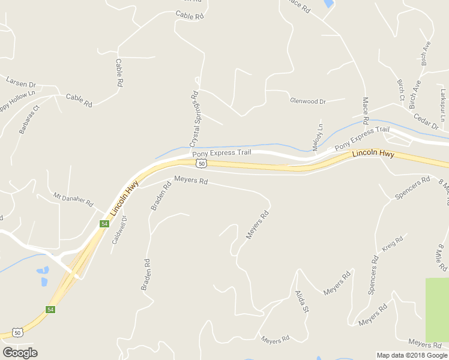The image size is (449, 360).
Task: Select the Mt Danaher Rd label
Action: (x=74, y=200)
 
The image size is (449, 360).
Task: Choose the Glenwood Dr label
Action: (x=307, y=101)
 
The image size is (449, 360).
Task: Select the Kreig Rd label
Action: (x=392, y=244)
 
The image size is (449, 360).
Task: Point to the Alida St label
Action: (x=301, y=302)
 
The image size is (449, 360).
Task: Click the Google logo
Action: (x=20, y=352)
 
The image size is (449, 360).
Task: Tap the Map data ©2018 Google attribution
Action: (x=412, y=355)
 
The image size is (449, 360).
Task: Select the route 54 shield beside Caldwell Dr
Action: (x=104, y=224)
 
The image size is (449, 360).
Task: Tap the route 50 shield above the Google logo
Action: (x=18, y=332)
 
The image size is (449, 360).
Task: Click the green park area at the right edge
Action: (x=437, y=309)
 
